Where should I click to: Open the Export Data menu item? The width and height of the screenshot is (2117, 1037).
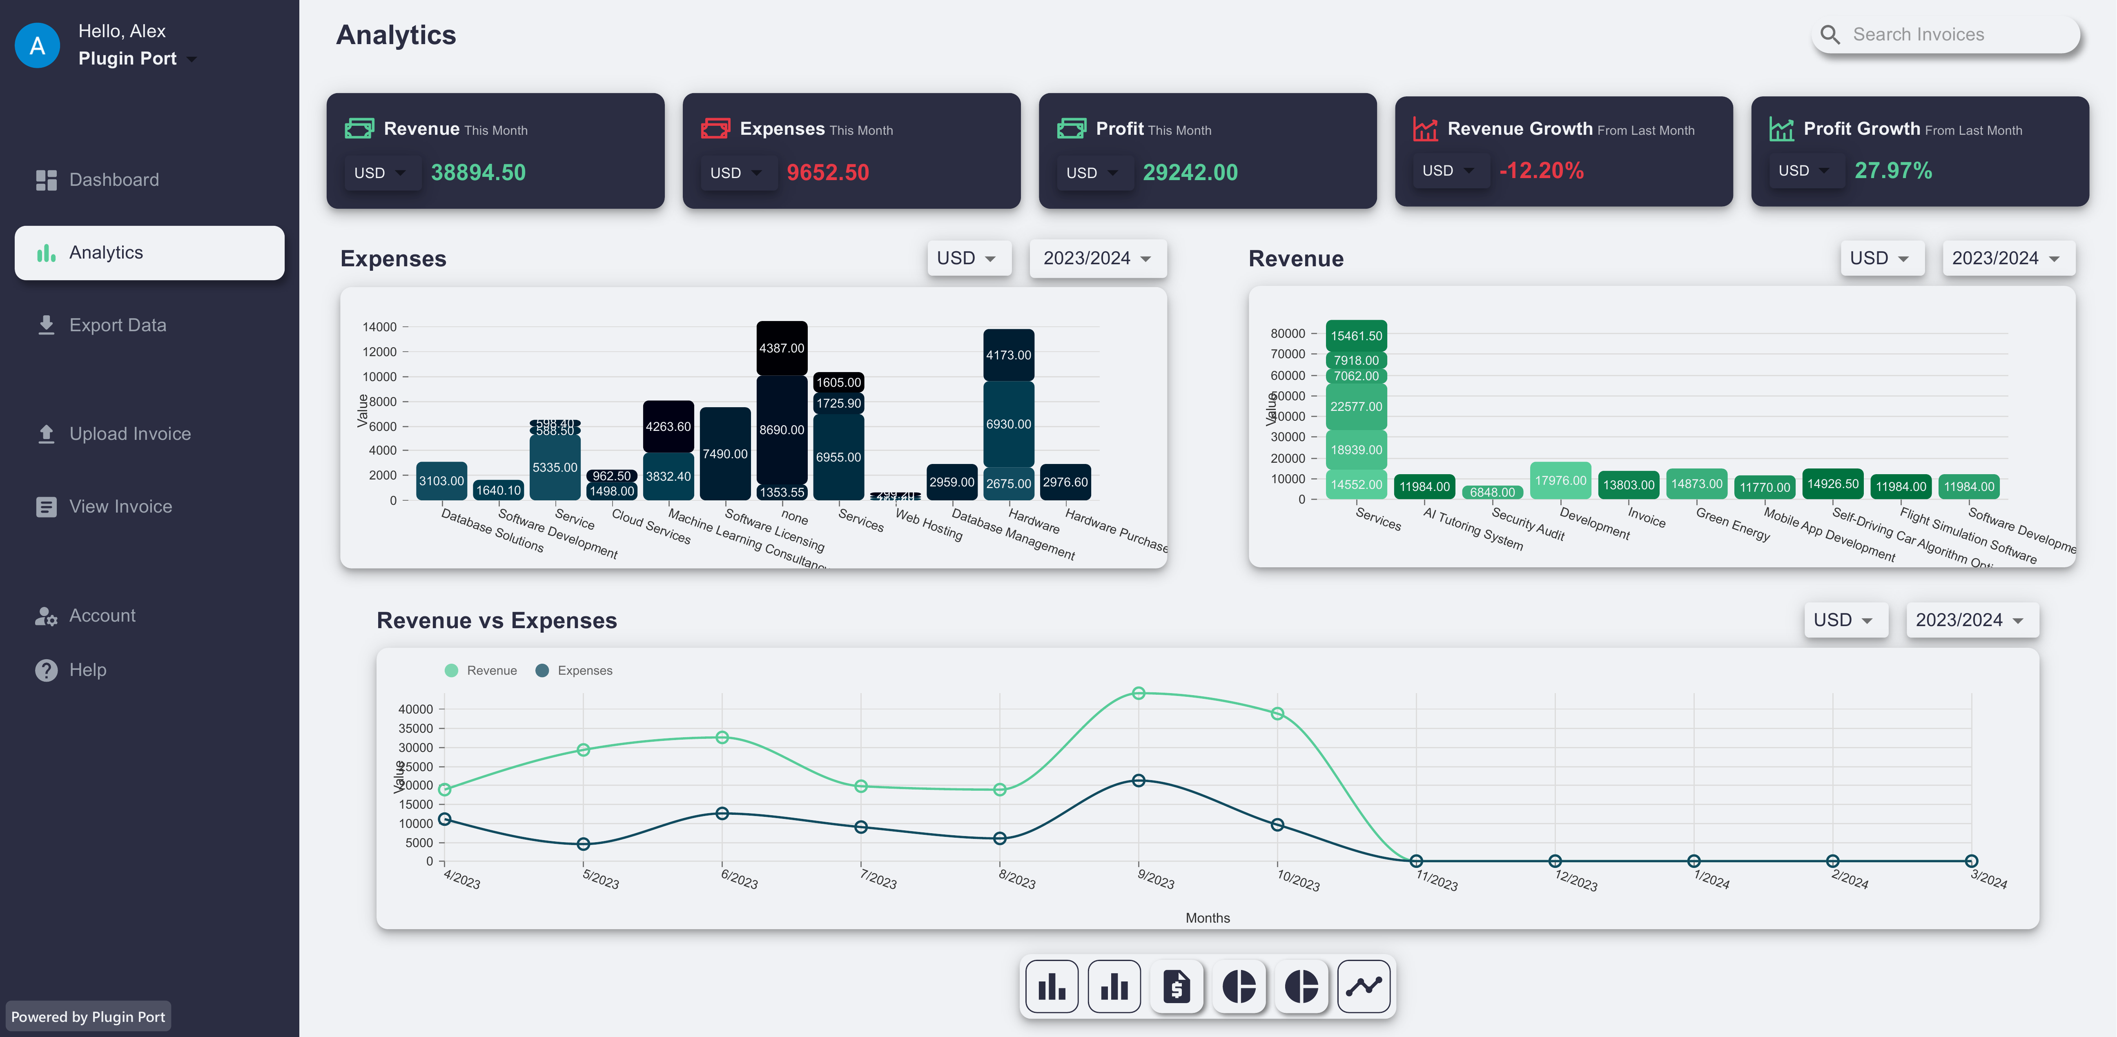(x=118, y=326)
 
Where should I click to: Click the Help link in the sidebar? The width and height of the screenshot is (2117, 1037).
(x=87, y=670)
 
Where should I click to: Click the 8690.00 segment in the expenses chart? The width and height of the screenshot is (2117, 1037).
(x=782, y=430)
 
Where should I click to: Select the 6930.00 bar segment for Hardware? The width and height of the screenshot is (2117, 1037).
(x=1008, y=424)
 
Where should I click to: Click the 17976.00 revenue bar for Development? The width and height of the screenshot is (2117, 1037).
(x=1560, y=481)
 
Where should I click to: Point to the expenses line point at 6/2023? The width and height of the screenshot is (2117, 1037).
(x=722, y=814)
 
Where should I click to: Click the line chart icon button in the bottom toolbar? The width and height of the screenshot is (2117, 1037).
(x=1364, y=986)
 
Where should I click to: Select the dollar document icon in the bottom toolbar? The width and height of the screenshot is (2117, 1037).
(x=1176, y=986)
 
